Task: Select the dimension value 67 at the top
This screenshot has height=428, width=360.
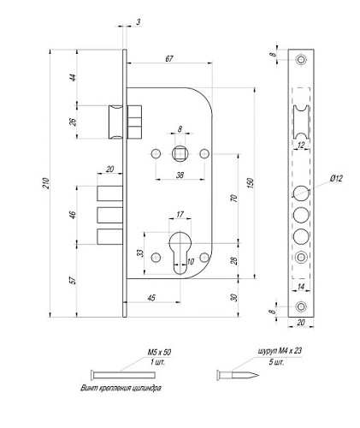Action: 169,57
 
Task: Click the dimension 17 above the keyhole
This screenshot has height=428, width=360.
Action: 179,213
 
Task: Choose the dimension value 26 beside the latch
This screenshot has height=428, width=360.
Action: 73,121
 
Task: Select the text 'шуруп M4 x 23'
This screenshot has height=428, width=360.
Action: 280,352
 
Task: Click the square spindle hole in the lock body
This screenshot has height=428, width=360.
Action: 180,153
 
